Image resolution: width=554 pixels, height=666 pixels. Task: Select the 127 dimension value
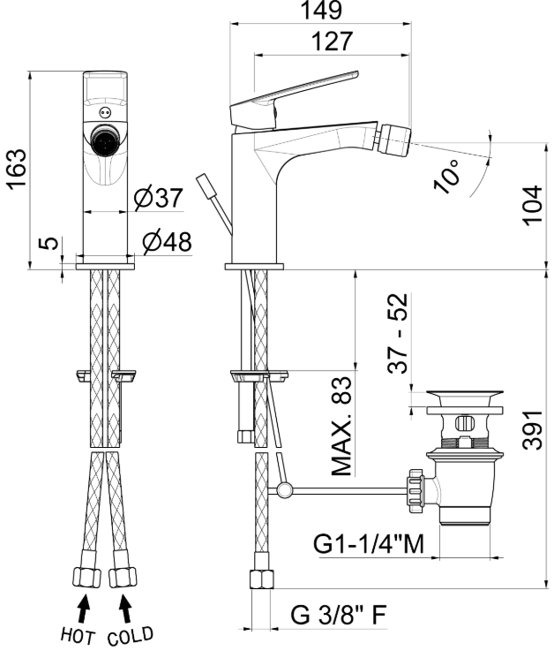pyautogui.click(x=332, y=42)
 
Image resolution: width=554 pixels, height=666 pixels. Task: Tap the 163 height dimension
pyautogui.click(x=17, y=169)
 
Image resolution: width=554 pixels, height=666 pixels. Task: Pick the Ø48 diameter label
pyautogui.click(x=168, y=240)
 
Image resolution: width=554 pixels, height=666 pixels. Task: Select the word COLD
pyautogui.click(x=130, y=636)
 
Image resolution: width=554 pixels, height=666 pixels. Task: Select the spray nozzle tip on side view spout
pyautogui.click(x=390, y=138)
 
